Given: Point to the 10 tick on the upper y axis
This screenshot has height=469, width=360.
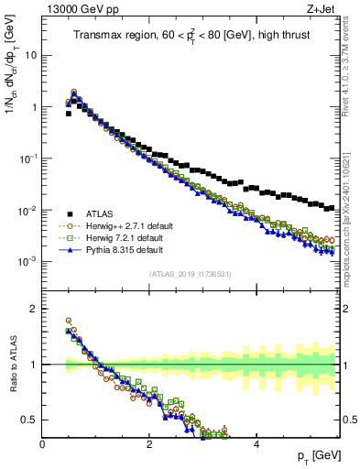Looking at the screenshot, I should pos(30,55).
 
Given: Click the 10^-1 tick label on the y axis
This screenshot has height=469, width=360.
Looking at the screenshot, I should pos(27,158).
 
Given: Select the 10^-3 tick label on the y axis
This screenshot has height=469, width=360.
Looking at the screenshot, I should pos(27,262).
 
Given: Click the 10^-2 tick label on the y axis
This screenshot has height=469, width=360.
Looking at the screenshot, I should pos(27,211).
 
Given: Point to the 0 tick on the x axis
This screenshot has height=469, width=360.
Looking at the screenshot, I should pos(43,444).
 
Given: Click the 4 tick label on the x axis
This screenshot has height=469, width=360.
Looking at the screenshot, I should pos(256,444).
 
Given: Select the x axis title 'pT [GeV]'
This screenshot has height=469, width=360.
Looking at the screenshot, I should pos(315,457).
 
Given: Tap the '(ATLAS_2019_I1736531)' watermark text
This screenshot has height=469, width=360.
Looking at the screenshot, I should pos(190,274).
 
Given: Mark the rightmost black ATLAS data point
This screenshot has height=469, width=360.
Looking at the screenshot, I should pos(332,207).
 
